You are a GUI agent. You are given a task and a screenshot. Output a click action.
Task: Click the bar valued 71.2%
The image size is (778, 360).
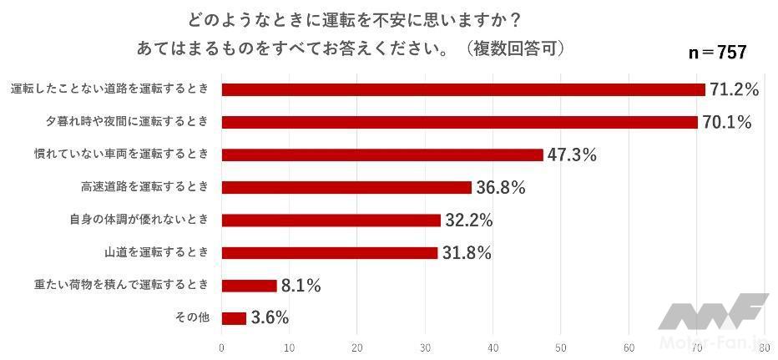click(463, 89)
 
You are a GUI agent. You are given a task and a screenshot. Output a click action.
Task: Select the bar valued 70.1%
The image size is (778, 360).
click(459, 122)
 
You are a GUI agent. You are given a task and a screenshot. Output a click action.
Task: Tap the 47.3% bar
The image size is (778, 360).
click(382, 155)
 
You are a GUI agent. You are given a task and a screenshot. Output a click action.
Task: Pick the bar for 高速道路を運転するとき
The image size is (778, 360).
click(346, 187)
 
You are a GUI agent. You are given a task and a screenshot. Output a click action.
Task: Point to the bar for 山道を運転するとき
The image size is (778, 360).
click(330, 252)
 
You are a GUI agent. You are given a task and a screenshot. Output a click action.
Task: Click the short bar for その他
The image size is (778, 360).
click(234, 317)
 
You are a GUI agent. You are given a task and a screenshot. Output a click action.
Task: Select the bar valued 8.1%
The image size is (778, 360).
click(249, 286)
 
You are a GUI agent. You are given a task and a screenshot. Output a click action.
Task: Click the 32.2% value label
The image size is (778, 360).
click(468, 221)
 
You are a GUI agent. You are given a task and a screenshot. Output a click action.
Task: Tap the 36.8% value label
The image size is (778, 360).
click(500, 188)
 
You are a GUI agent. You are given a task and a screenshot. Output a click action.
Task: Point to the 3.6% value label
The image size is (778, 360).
click(270, 317)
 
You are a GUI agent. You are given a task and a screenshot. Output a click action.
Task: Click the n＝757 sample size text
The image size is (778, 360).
click(716, 52)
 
